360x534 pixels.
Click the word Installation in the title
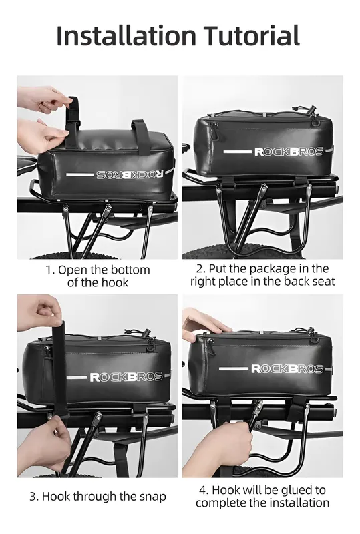(126, 35)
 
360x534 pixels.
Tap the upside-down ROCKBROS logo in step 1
(130, 174)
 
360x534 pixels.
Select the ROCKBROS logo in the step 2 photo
(289, 152)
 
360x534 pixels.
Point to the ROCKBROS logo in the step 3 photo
(126, 377)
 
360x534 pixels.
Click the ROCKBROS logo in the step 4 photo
(287, 369)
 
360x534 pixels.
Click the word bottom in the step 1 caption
(130, 270)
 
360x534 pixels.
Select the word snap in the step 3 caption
(152, 497)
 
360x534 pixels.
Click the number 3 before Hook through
(33, 497)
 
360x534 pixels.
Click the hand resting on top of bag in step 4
(204, 325)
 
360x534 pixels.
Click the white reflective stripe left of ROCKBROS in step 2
(237, 152)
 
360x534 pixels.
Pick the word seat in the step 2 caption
(323, 282)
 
